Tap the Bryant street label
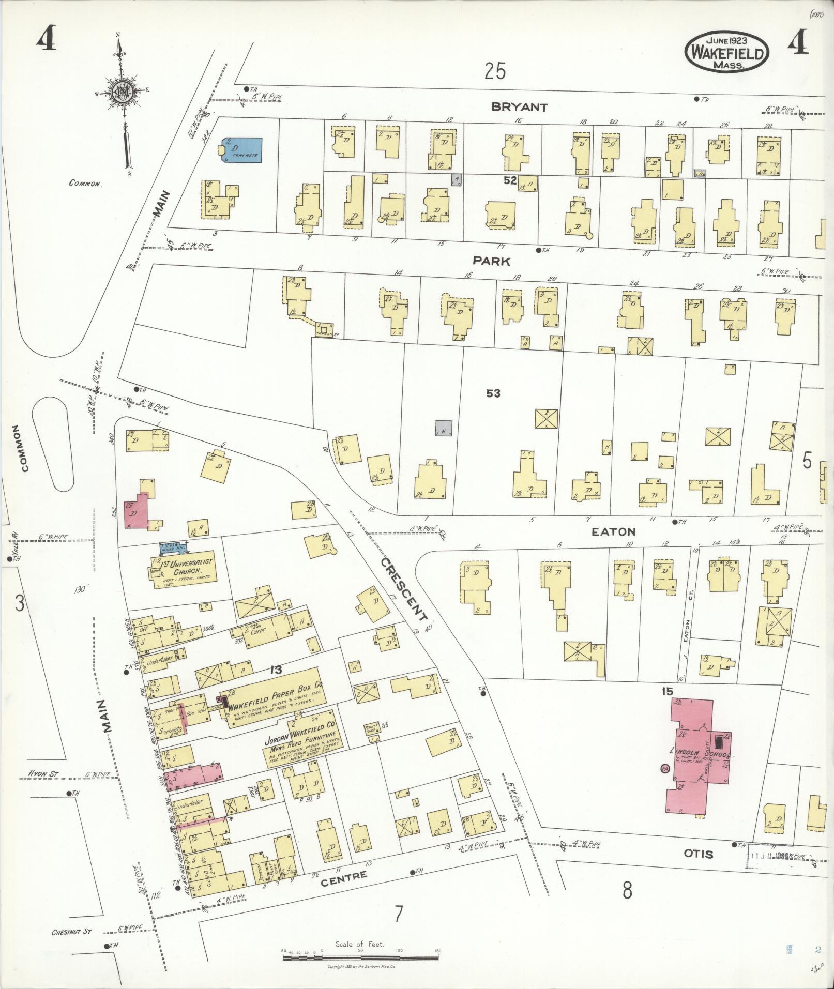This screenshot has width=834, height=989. pos(519,108)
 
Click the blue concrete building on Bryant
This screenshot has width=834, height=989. pos(242,150)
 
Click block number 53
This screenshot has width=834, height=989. pos(493,393)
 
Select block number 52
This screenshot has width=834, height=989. pos(511,180)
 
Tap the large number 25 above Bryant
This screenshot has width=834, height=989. pos(495,71)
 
